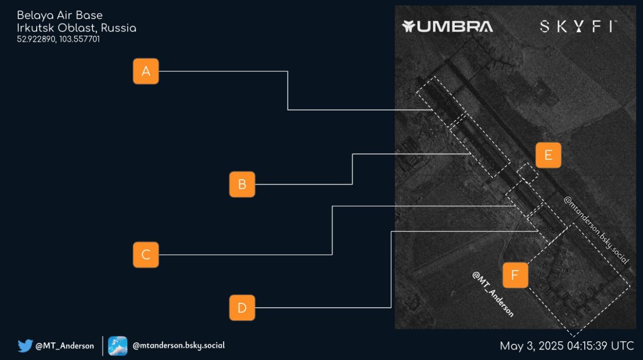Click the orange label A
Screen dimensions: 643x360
coord(146,71)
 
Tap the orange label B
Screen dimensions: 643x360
coord(242,184)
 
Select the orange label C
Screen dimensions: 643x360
coord(146,255)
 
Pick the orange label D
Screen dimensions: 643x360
coord(242,307)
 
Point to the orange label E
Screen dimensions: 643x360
coord(548,155)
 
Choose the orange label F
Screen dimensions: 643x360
coord(515,275)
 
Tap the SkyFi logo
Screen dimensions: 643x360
coord(578,27)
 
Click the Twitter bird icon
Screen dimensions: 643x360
coord(25,345)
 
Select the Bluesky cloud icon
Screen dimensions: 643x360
coord(118,346)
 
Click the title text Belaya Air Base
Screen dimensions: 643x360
coord(60,15)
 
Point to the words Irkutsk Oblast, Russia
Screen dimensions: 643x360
coord(76,28)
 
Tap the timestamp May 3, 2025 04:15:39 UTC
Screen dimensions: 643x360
coord(567,345)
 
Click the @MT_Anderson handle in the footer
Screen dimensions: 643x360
coord(65,346)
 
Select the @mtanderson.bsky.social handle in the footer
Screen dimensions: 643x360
coord(178,345)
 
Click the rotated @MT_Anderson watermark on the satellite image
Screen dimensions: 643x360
coord(493,294)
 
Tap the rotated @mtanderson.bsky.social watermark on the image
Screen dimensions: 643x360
coord(596,230)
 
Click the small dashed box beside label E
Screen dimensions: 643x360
coord(527,173)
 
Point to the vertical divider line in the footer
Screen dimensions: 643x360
coord(102,346)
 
